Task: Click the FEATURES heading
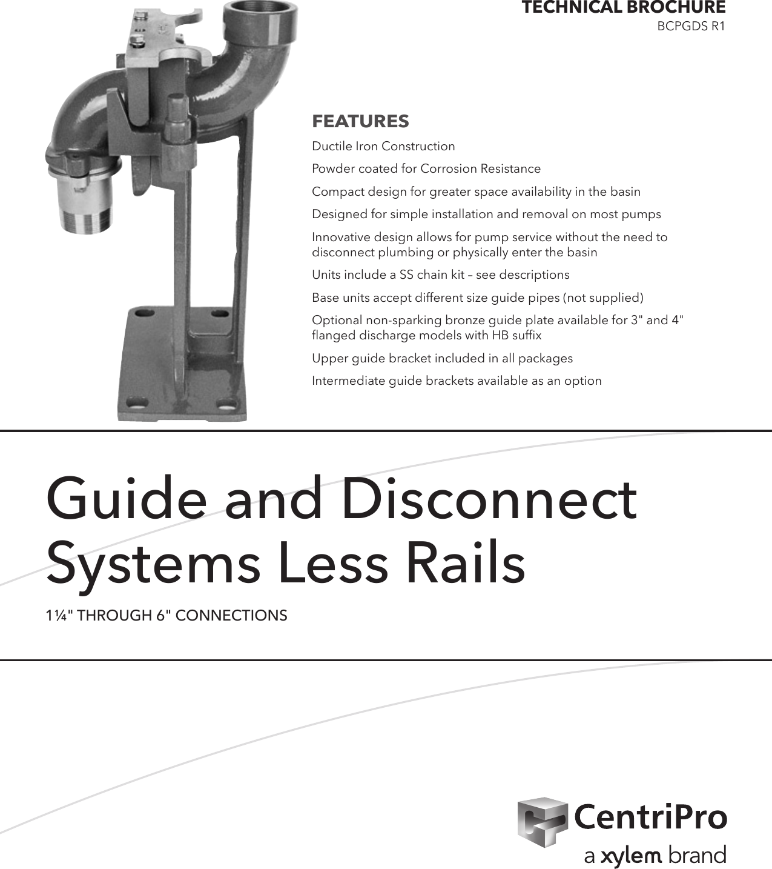(x=360, y=121)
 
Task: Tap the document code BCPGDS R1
(x=691, y=27)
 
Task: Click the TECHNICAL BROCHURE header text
(x=623, y=8)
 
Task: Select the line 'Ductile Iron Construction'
(x=383, y=146)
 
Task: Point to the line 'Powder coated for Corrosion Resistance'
(x=426, y=168)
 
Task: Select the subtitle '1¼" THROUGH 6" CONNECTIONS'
(x=167, y=616)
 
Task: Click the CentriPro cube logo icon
(x=542, y=821)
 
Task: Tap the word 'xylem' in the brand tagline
(x=631, y=856)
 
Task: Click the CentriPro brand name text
(x=650, y=817)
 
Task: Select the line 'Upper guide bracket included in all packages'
(x=442, y=358)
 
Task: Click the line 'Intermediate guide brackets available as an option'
(x=457, y=381)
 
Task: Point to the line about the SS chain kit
(x=440, y=275)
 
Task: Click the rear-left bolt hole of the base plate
(x=144, y=315)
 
